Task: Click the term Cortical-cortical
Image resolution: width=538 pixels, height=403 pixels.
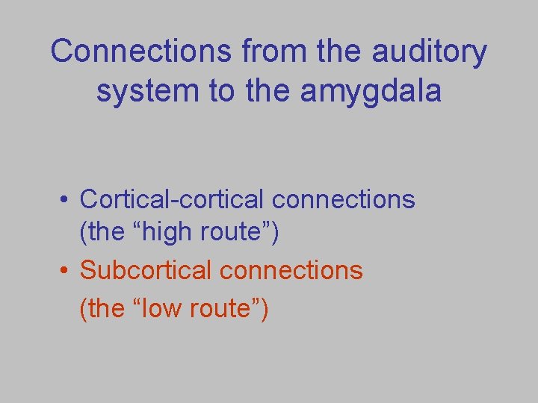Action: click(173, 199)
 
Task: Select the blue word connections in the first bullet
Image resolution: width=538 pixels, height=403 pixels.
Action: click(344, 199)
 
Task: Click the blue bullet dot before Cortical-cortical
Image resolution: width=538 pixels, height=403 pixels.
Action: click(67, 200)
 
